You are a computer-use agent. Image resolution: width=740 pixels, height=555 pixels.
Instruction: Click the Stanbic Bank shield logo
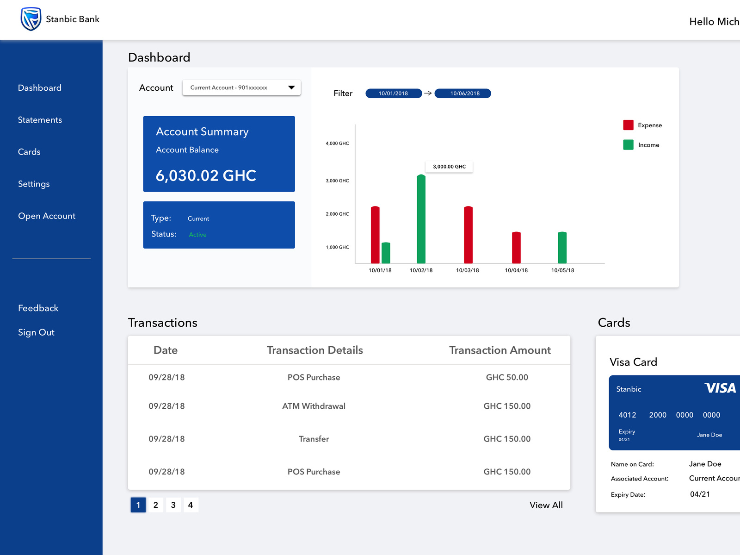click(31, 19)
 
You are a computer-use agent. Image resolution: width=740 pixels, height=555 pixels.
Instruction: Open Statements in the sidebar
click(40, 120)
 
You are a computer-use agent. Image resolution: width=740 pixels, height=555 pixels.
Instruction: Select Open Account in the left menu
click(47, 216)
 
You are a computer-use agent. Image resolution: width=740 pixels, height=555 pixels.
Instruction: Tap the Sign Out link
click(36, 332)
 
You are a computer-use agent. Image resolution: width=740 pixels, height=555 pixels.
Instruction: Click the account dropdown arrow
click(291, 87)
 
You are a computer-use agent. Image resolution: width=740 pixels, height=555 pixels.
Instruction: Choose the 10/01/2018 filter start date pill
click(393, 94)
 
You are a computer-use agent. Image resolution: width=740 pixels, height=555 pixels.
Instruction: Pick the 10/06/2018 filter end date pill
click(465, 94)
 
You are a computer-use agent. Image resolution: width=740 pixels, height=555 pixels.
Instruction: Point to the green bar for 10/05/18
click(562, 248)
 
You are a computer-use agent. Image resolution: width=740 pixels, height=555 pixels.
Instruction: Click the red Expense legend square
click(628, 125)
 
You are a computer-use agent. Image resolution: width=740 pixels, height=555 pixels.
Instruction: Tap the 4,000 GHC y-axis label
click(337, 143)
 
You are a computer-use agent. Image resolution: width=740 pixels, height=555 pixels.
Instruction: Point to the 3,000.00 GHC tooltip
click(449, 167)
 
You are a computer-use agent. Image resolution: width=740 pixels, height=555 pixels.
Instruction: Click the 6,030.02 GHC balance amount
click(206, 176)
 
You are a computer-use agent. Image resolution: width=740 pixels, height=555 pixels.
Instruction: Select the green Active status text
click(197, 235)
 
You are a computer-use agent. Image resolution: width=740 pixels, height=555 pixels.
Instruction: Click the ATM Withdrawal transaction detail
click(314, 406)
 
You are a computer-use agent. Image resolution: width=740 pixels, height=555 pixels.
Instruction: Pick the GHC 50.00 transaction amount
click(507, 377)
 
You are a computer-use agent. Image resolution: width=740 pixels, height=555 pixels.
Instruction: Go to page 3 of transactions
click(173, 505)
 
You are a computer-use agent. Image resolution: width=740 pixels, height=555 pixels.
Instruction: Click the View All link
click(546, 505)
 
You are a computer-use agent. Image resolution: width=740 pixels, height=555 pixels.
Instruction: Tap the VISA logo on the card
click(720, 388)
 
